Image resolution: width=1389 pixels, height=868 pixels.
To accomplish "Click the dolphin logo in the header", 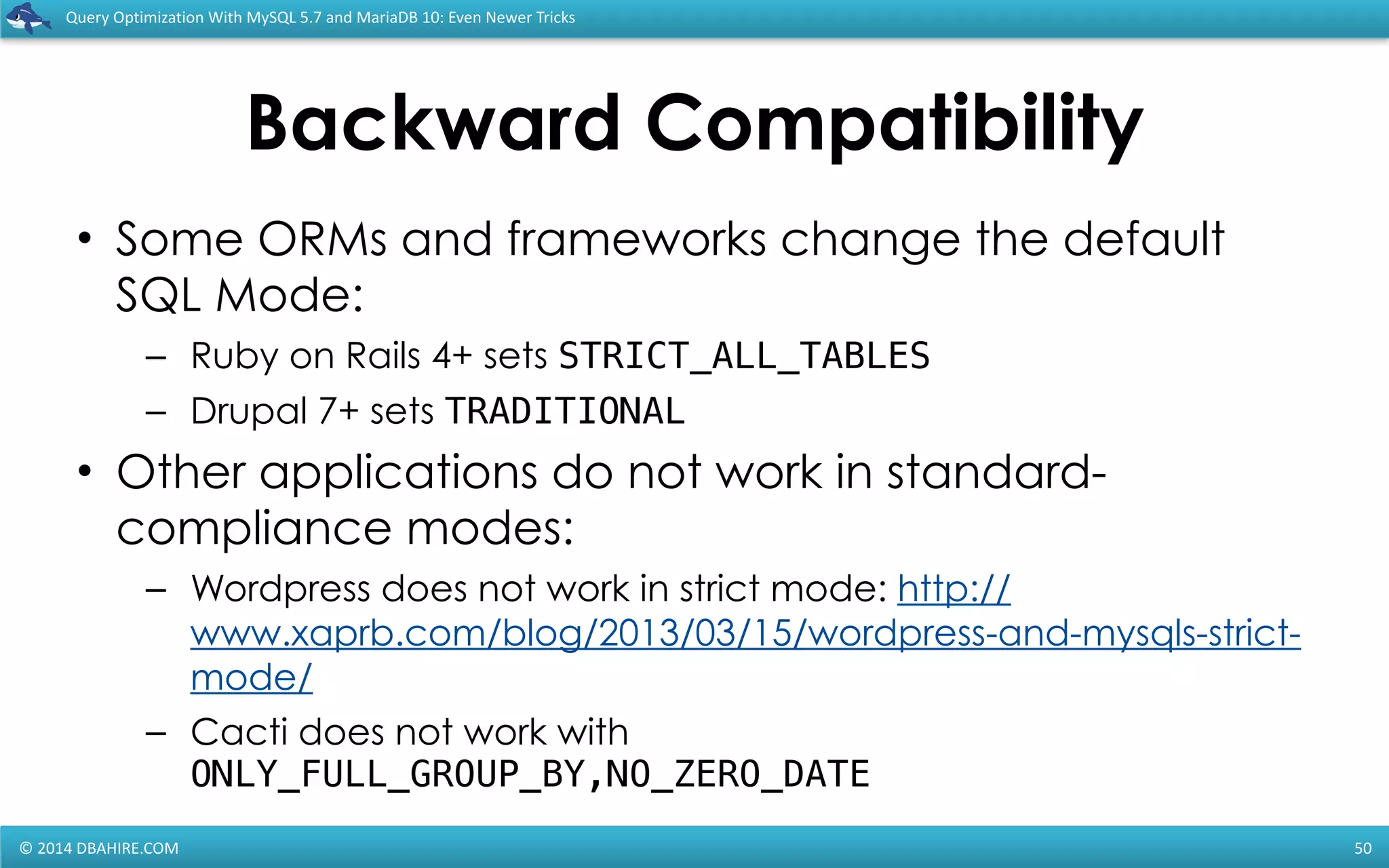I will (x=28, y=18).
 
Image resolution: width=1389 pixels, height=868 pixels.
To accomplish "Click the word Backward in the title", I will (x=434, y=123).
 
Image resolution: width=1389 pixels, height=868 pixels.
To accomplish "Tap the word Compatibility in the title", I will (x=894, y=123).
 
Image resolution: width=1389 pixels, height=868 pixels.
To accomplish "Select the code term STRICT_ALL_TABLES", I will (x=743, y=356).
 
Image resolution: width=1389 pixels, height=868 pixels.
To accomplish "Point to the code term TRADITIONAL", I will (x=565, y=412).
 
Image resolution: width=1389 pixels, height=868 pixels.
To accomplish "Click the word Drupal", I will (x=249, y=412).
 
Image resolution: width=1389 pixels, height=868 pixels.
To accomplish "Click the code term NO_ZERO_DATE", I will (x=737, y=774).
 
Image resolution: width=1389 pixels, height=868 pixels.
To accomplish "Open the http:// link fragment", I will (x=954, y=588).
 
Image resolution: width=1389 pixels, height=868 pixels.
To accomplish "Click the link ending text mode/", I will (x=252, y=677).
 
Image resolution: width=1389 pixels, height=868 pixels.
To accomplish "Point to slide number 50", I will (x=1363, y=848).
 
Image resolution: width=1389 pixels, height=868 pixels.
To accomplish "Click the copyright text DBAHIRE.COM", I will (x=128, y=848).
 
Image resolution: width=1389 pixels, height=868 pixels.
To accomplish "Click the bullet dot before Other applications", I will (x=84, y=471).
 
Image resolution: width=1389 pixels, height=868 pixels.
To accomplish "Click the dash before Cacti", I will (x=156, y=733).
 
